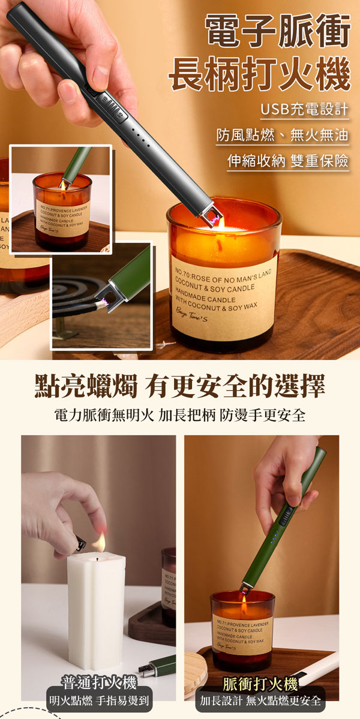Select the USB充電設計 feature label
click(305, 111)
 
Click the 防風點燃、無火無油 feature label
click(282, 136)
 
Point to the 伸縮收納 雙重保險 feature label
click(288, 162)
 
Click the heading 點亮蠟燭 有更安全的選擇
click(180, 386)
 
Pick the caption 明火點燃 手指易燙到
click(100, 700)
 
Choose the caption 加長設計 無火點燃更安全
click(260, 700)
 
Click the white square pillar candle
click(96, 606)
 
